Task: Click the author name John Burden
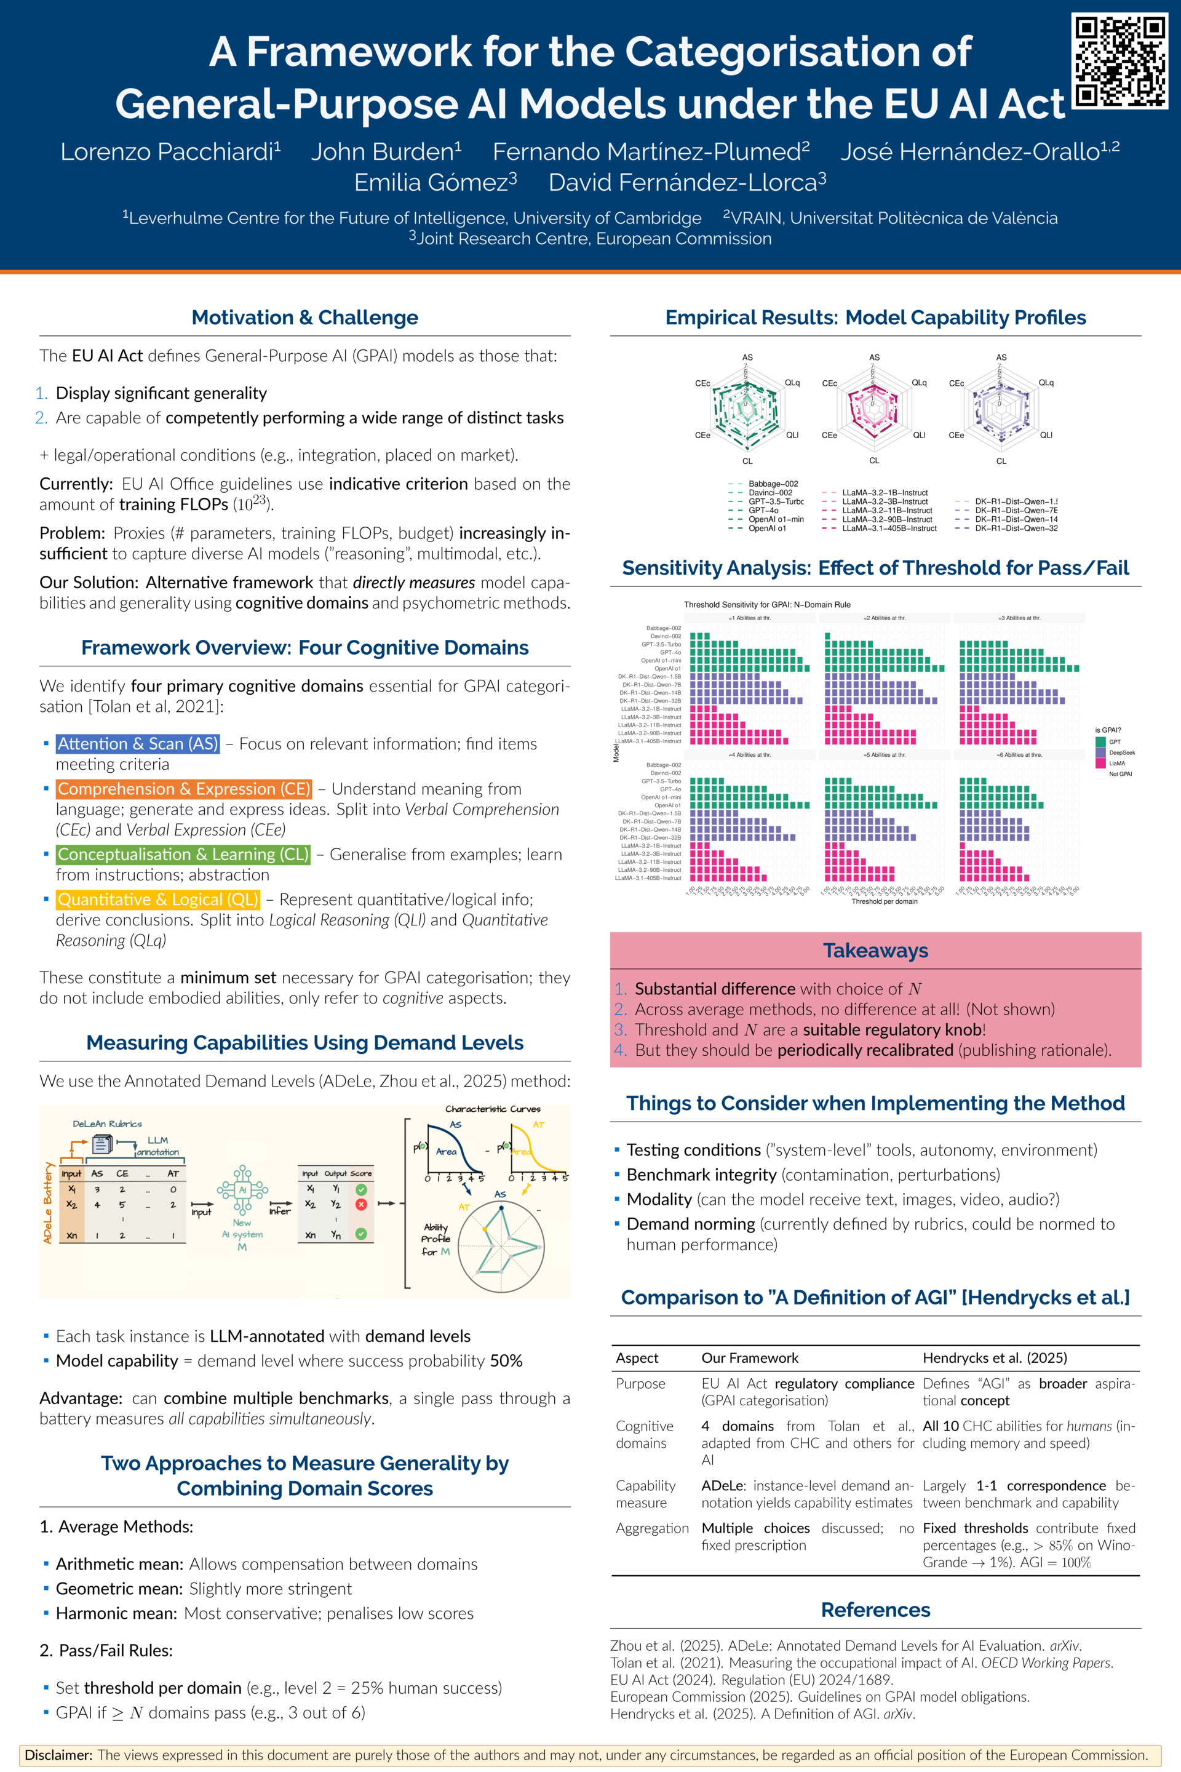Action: [x=386, y=151]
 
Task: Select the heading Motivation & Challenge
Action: [x=304, y=317]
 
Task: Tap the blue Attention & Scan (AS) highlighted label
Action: [x=138, y=744]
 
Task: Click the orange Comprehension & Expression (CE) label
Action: [x=184, y=789]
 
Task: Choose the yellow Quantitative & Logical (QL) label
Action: [x=157, y=900]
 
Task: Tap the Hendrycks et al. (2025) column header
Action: [x=994, y=1358]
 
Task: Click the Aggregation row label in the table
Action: [x=651, y=1528]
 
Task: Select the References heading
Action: [x=875, y=1610]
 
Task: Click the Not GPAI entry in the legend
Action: [x=1119, y=774]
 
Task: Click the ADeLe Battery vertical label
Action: [x=48, y=1202]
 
